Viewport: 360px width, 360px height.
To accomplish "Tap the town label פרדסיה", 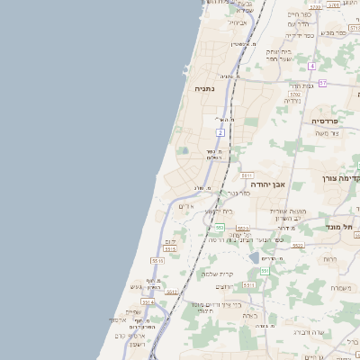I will pos(325,121).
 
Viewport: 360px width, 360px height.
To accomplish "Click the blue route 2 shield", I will pos(220,132).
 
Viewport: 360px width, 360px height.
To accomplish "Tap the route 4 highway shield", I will pos(311,67).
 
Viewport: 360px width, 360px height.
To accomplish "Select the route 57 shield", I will pos(322,83).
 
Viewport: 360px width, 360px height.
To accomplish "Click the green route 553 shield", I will pos(219,228).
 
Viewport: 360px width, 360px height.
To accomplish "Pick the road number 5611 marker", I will pos(247,175).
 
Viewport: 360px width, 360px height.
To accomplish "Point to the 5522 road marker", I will pos(298,245).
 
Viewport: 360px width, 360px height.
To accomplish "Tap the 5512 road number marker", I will pos(172,292).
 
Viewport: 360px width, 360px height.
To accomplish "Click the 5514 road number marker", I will pos(148,302).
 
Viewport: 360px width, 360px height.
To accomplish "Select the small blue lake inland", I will pos(254,258).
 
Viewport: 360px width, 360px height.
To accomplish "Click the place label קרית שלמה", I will pos(217,274).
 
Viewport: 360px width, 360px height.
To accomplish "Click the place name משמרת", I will pos(340,287).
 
